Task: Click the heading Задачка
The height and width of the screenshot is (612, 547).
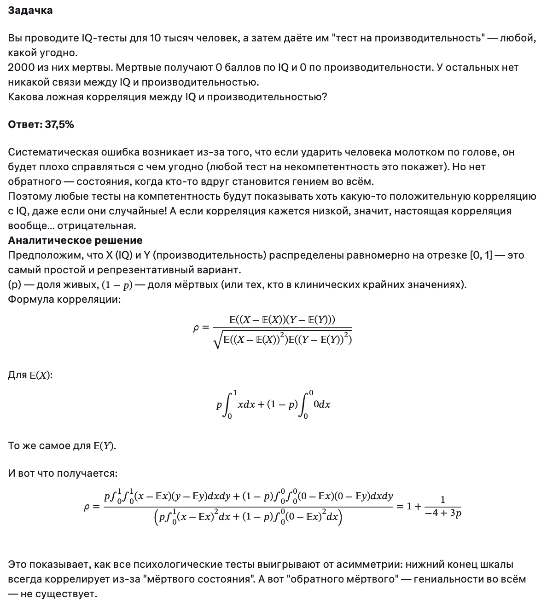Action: point(30,10)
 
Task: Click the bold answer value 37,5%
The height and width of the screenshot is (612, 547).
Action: point(59,124)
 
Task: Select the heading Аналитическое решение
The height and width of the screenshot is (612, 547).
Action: point(75,240)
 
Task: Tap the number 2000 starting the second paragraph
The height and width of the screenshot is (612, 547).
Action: point(22,67)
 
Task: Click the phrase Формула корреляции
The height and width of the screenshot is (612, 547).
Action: point(64,299)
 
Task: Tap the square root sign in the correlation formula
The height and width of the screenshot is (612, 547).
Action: point(218,340)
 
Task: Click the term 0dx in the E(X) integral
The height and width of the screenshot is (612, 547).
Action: point(322,404)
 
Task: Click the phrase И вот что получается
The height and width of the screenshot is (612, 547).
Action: point(63,473)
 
